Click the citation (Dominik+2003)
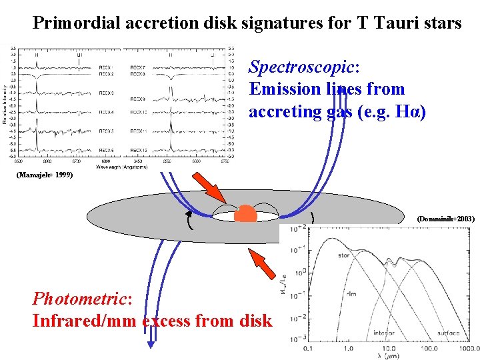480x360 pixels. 445,219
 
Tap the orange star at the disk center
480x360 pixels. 245,213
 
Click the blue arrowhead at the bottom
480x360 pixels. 151,344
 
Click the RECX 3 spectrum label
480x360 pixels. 106,93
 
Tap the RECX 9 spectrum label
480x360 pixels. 138,99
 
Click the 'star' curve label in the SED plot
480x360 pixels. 343,255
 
